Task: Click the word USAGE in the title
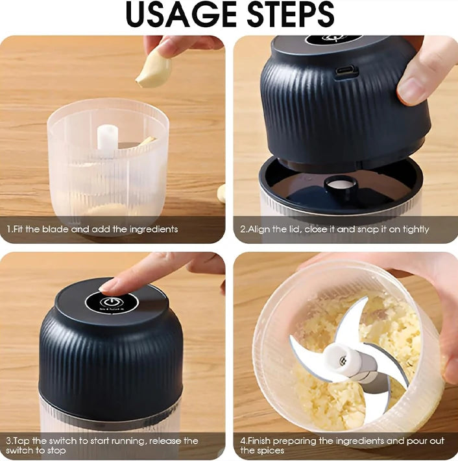(x=180, y=14)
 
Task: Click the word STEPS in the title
(x=291, y=14)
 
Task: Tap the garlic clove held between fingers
(x=153, y=70)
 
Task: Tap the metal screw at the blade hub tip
(x=342, y=361)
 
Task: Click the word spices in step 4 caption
(x=269, y=451)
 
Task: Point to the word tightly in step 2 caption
(x=415, y=230)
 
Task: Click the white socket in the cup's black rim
(x=341, y=184)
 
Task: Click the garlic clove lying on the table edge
(x=222, y=193)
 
